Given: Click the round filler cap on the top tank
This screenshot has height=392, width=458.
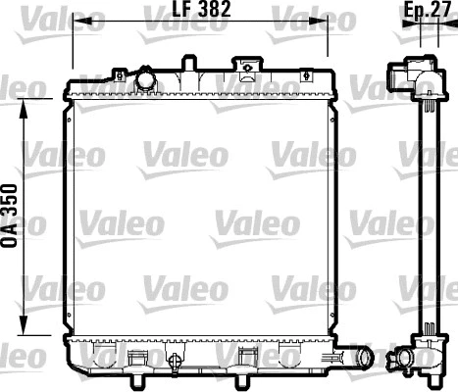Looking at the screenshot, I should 146,78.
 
